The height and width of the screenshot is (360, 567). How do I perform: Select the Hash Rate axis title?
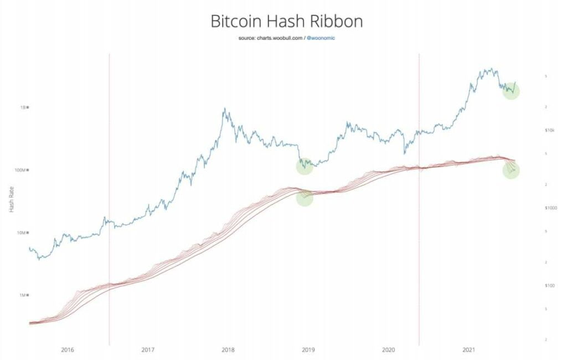[x=12, y=201]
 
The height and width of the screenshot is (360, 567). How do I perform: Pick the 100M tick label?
[x=21, y=170]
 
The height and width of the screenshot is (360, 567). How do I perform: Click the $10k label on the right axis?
[x=550, y=130]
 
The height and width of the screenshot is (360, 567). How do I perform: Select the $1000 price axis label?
[x=551, y=208]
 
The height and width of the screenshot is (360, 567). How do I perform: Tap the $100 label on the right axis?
[x=550, y=286]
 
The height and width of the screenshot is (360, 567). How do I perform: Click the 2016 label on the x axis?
[x=67, y=350]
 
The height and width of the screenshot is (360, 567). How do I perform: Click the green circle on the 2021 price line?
[x=511, y=91]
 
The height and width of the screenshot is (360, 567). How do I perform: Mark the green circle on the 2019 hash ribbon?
[x=305, y=198]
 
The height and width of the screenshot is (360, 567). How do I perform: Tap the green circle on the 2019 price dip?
[x=305, y=166]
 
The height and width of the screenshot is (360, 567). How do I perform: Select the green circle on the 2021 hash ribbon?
[x=511, y=170]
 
